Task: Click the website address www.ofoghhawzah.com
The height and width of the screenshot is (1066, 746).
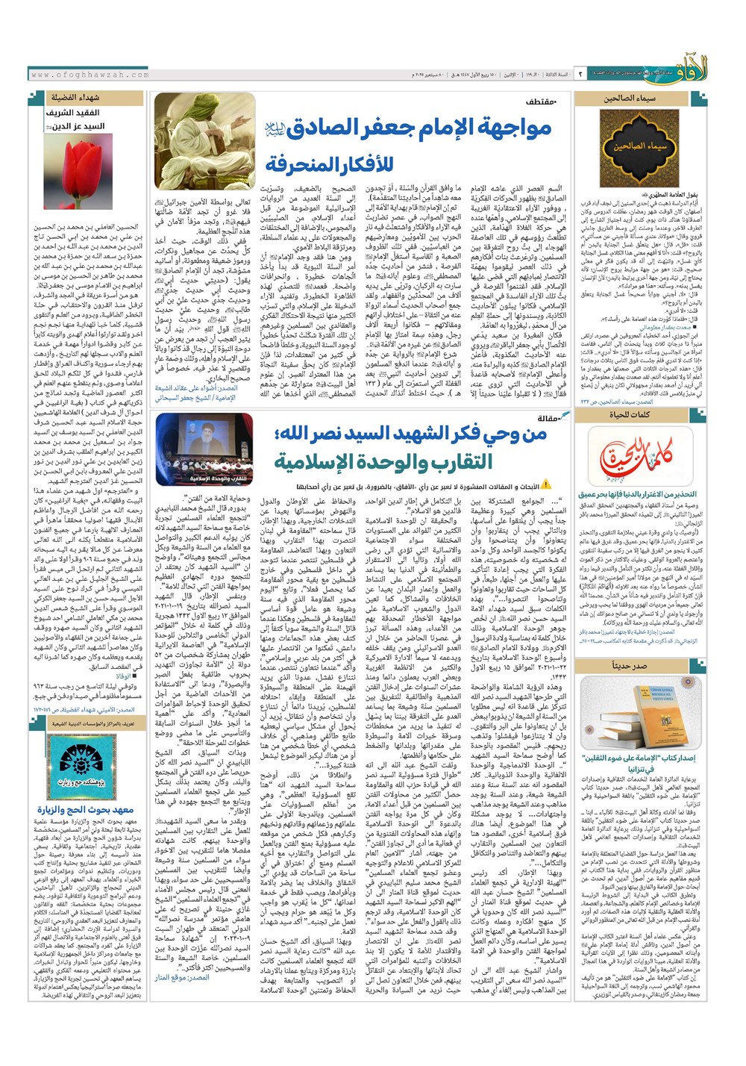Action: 90,75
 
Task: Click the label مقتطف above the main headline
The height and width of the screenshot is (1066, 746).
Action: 541,101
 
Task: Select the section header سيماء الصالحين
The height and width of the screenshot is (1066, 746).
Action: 630,98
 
